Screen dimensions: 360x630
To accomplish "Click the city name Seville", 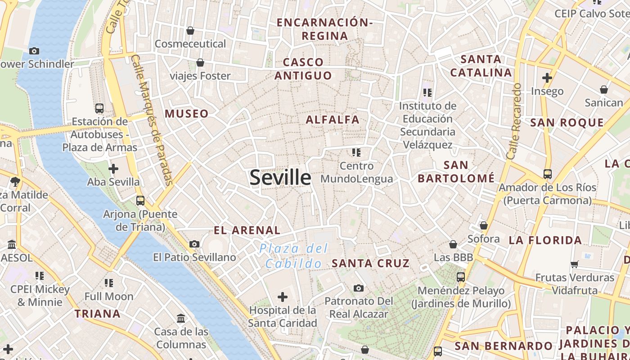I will pos(280,177).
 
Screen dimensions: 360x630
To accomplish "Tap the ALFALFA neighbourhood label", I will pos(333,120).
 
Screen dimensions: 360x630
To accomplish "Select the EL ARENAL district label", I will pos(247,230).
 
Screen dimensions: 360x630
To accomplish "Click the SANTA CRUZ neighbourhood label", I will pos(371,263).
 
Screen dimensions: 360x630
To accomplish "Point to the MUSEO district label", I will pos(187,114).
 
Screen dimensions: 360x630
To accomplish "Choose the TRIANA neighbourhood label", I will pos(98,314).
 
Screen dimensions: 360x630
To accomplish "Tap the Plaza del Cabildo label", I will pos(293,256).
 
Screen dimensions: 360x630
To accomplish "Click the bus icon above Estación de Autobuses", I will pos(99,108).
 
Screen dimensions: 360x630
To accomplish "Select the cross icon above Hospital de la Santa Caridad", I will pos(283,297).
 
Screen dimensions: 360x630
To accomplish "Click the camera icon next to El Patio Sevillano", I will pos(194,244).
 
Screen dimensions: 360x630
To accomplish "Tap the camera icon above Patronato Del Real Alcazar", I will pos(359,288).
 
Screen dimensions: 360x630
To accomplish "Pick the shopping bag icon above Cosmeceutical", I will pos(190,31).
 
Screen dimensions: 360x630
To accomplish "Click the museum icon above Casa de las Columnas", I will pos(181,319).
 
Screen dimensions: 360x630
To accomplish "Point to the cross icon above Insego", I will pos(547,78).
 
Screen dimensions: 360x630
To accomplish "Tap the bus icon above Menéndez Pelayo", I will pos(461,277).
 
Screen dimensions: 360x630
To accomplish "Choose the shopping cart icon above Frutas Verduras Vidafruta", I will pos(575,264).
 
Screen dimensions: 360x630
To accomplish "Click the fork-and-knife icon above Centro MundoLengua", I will pos(356,153).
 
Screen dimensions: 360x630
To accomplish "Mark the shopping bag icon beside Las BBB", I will pos(453,244).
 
